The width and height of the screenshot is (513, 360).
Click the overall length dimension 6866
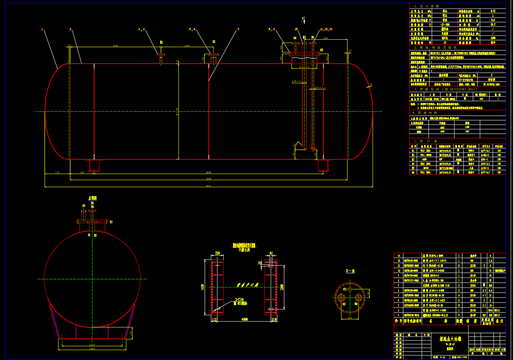click(208, 186)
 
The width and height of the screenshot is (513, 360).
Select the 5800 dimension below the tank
click(208, 179)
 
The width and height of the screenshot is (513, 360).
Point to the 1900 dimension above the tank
click(115, 46)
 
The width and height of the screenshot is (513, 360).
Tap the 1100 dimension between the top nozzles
click(187, 46)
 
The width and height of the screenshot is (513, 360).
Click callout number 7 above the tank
click(238, 29)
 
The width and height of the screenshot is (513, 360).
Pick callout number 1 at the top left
click(42, 29)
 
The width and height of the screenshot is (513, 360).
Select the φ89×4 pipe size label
click(297, 81)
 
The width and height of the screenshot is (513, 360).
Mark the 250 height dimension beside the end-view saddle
click(131, 332)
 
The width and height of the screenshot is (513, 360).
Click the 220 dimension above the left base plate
click(217, 253)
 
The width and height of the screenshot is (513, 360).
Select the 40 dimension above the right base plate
click(271, 253)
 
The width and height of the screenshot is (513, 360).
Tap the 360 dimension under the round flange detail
click(350, 318)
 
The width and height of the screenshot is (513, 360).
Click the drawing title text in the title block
click(450, 339)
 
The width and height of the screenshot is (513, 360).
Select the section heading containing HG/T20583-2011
click(445, 89)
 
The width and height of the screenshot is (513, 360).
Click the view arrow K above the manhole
click(303, 19)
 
